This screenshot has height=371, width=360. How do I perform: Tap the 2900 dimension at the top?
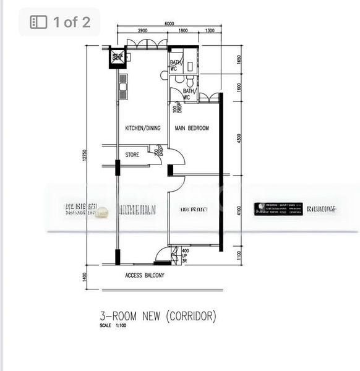point(142,30)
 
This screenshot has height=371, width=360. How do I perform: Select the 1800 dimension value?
point(183,30)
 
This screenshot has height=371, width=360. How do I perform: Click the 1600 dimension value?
point(239,88)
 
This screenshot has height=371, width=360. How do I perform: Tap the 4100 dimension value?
point(239,211)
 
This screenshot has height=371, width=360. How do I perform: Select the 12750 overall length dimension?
point(89,159)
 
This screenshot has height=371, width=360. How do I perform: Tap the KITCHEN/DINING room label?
point(143,129)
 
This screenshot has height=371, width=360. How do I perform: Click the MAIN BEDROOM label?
point(192,129)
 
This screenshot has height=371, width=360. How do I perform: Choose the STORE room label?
point(132,155)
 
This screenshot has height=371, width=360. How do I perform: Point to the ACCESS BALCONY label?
point(145,275)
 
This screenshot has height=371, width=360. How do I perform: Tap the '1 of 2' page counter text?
point(71,22)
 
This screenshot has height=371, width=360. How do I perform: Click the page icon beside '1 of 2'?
point(38,22)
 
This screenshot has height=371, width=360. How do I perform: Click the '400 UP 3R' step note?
point(184,255)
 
